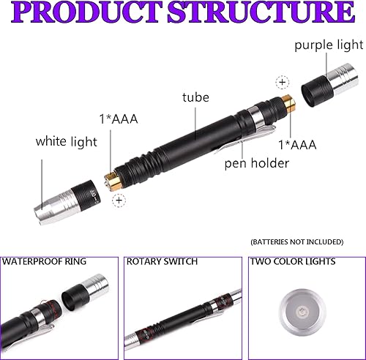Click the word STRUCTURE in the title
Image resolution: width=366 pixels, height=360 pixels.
point(261,12)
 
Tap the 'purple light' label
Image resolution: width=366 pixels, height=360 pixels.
point(329,45)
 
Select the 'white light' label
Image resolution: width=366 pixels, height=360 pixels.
point(67,141)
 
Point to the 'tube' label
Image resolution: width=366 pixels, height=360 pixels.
point(195,97)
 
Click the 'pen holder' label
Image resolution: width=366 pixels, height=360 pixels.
point(257,163)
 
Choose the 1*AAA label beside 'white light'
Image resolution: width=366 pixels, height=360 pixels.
point(119,119)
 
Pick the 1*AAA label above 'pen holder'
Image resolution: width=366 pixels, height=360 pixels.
point(297,145)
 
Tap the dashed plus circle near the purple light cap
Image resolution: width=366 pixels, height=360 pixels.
point(283,82)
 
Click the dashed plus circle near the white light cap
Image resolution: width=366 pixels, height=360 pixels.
point(119,200)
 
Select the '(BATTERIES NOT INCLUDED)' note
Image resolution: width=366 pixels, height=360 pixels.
point(297,241)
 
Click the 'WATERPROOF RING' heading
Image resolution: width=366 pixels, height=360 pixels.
point(45,261)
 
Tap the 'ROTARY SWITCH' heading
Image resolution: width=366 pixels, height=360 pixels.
point(162,261)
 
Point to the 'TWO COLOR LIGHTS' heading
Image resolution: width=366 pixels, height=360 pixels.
point(293,261)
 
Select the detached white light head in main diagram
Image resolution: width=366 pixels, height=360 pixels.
point(67,202)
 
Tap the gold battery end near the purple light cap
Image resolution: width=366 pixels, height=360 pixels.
point(289,104)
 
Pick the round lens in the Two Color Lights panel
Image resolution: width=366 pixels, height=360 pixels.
point(302,312)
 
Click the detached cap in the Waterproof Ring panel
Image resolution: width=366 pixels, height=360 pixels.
point(85,293)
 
